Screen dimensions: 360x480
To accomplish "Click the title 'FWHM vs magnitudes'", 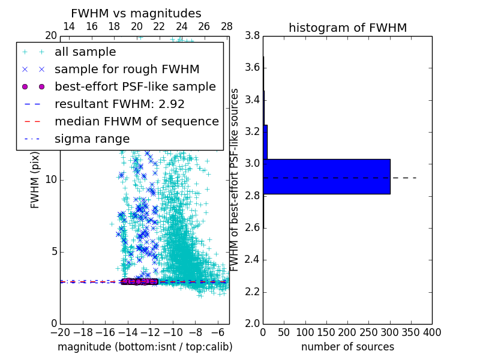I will [x=136, y=13].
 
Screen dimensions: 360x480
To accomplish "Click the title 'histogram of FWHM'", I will [x=347, y=28].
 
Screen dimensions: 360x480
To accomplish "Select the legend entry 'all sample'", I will [x=85, y=52].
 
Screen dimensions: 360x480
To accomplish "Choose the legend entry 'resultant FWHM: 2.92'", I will [x=119, y=104].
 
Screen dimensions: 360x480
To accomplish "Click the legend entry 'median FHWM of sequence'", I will [x=136, y=121].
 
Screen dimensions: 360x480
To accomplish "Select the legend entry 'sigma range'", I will [x=92, y=139].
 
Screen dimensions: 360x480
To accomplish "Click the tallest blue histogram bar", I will [x=326, y=176].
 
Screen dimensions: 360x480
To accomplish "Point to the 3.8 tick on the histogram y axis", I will [x=252, y=35].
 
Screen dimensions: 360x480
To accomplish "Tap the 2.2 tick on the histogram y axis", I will [x=252, y=292].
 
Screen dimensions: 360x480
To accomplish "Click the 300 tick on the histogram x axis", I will [x=389, y=332].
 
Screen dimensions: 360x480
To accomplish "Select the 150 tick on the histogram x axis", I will [x=326, y=332].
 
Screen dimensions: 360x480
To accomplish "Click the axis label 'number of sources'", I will [x=347, y=347].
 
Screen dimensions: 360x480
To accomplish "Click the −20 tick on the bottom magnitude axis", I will [x=60, y=332].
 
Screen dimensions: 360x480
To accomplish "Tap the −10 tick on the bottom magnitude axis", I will [x=173, y=332].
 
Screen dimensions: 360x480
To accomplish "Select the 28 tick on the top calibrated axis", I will [x=227, y=26].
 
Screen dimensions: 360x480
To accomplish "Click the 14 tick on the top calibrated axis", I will [x=69, y=26].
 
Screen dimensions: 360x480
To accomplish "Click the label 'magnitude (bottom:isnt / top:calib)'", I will [x=145, y=347].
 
